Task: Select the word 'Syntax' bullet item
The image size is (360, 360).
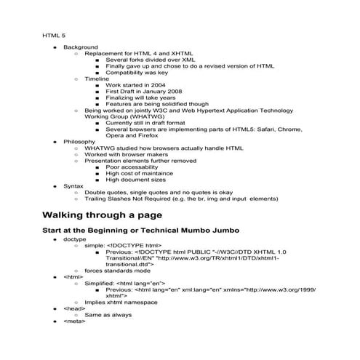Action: (73, 185)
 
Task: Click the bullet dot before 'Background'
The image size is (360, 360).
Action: (55, 47)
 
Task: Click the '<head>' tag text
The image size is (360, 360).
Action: (74, 308)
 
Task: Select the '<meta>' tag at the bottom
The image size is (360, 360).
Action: (74, 321)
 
